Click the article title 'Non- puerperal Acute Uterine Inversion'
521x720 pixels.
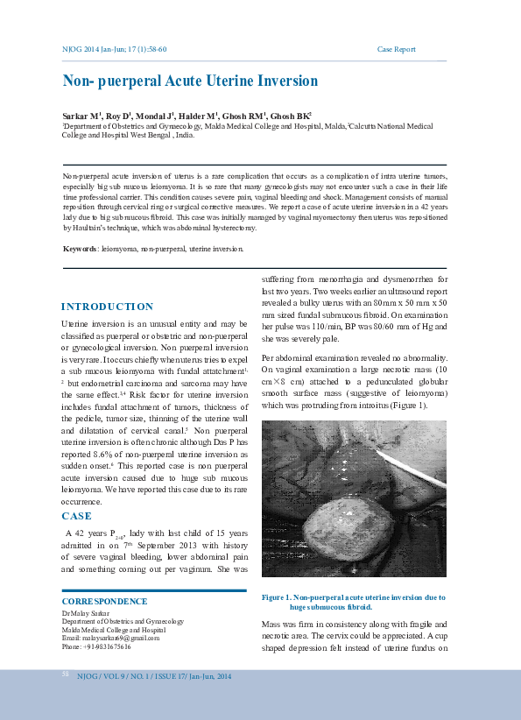tap(190, 81)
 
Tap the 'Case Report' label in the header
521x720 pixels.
tap(396, 49)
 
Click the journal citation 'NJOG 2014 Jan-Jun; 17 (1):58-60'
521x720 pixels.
tap(114, 49)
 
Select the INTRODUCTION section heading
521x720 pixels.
tap(107, 307)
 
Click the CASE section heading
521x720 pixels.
tap(76, 516)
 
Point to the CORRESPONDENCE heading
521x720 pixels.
tap(104, 602)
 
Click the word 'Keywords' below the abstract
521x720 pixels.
tap(80, 249)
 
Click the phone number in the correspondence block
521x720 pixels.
tap(96, 647)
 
